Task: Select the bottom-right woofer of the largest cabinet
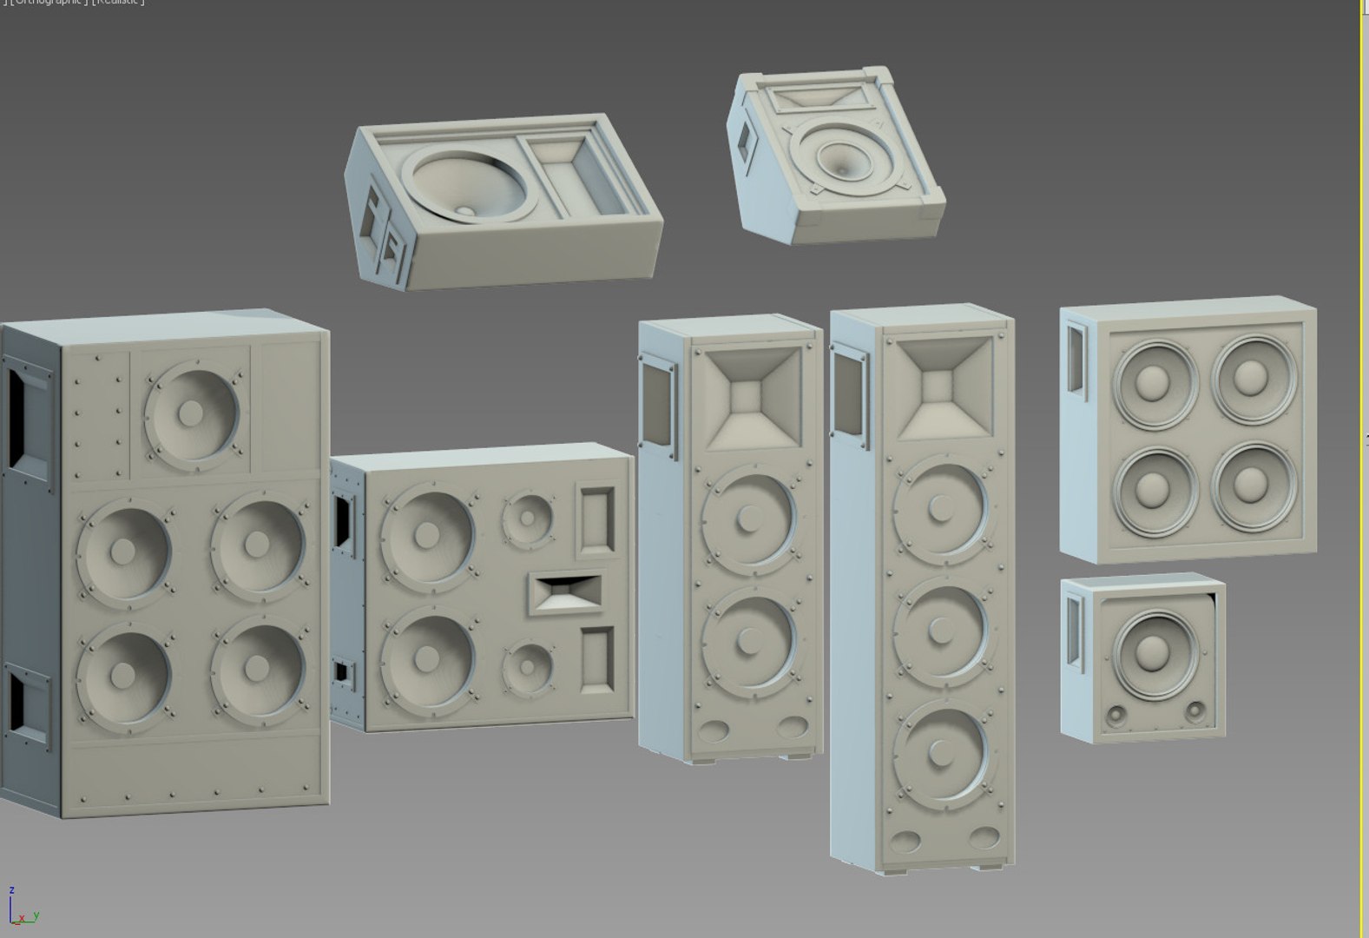tap(258, 667)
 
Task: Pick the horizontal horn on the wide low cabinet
tap(566, 593)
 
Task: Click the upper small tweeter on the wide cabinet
tap(527, 519)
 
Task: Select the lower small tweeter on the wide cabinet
tap(527, 667)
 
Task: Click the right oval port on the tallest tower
tap(984, 837)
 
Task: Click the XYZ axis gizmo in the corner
tap(22, 908)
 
